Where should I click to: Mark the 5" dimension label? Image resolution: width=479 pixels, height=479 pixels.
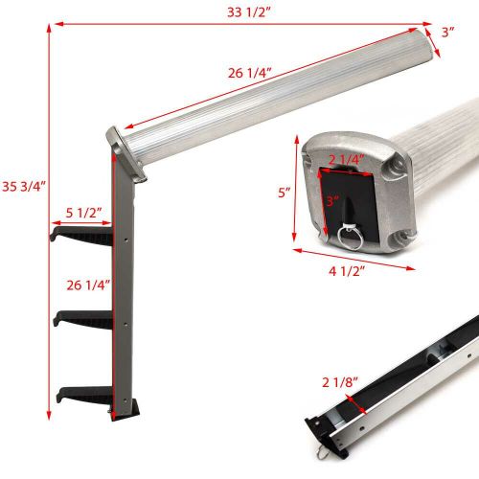click(x=284, y=192)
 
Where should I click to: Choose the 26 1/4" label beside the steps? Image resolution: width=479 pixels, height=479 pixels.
click(x=83, y=284)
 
